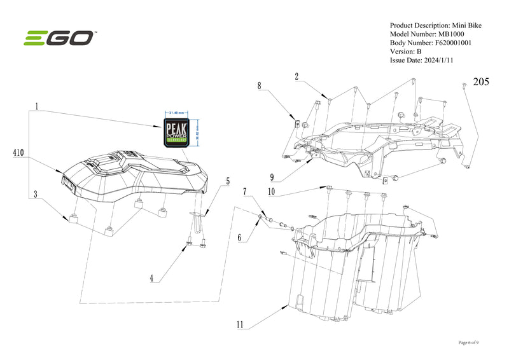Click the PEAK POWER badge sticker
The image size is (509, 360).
pyautogui.click(x=178, y=131)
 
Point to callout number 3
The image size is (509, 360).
pyautogui.click(x=37, y=193)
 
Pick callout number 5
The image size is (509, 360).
pyautogui.click(x=227, y=181)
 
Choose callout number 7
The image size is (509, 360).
pyautogui.click(x=244, y=191)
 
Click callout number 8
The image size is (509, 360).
pyautogui.click(x=260, y=85)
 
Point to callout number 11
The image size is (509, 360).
pyautogui.click(x=240, y=324)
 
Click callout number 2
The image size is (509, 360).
pyautogui.click(x=296, y=76)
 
